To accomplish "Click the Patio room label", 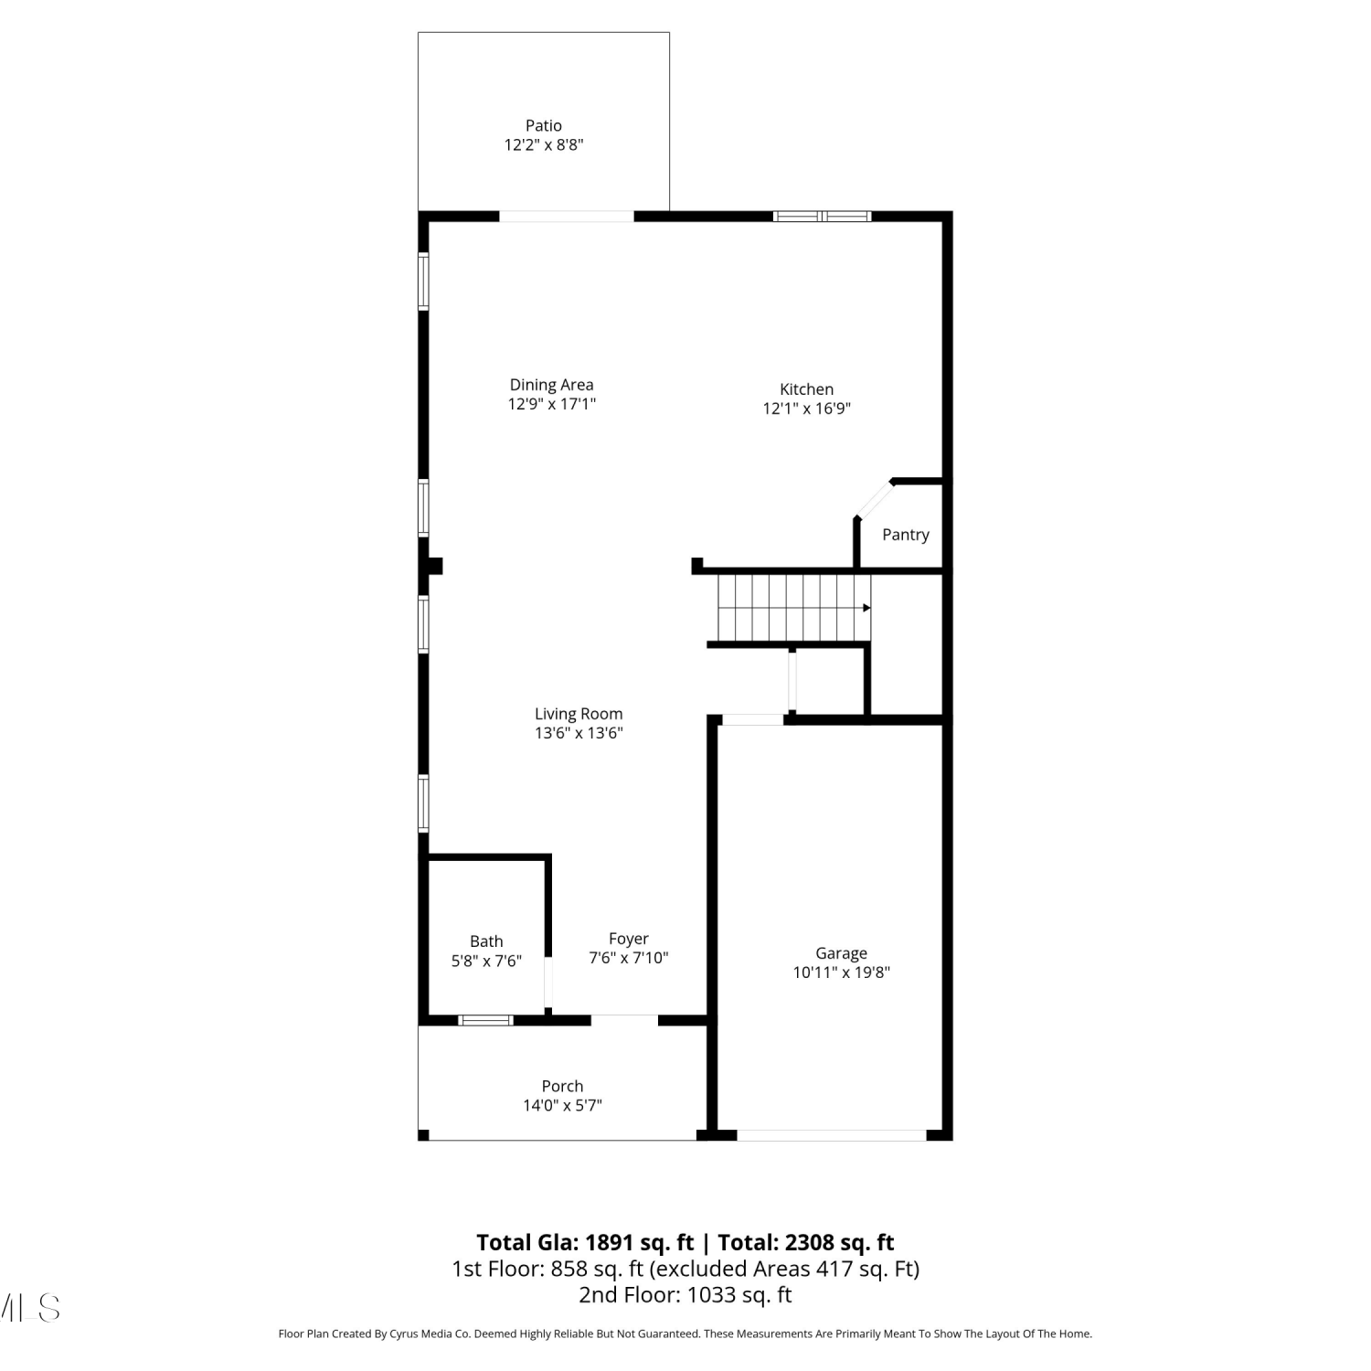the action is (543, 126).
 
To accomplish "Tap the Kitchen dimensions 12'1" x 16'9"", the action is (807, 409).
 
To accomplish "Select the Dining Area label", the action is (551, 385).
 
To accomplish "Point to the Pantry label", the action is (906, 535).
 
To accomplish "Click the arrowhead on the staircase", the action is (866, 608).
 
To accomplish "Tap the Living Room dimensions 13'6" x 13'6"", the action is (579, 733).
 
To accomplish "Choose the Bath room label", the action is (486, 941).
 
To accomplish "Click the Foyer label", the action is (629, 939).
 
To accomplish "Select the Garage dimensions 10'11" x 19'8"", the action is (842, 972).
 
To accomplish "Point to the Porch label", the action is (562, 1086).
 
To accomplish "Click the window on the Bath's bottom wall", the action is (485, 1020).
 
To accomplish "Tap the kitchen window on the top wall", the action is (823, 217).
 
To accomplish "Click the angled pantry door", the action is (874, 500).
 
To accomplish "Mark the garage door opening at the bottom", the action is (832, 1135).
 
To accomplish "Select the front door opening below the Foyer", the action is (624, 1020).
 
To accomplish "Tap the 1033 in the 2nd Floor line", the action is (711, 1295).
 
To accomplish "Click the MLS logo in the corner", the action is (30, 1308).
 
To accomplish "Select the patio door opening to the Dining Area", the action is (567, 217).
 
